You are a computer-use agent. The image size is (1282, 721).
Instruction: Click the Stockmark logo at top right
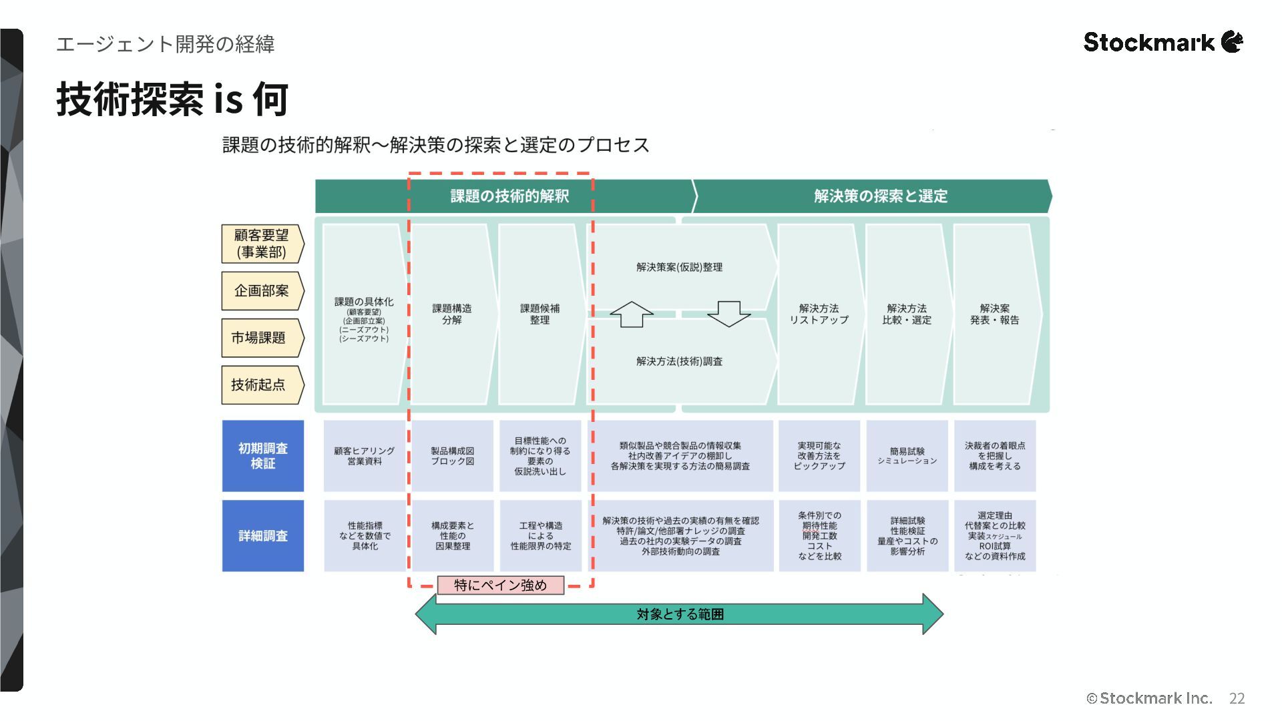(x=1162, y=42)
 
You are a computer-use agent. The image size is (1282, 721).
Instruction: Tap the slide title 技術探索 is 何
(x=172, y=99)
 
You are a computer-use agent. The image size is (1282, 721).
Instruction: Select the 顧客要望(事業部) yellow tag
(x=262, y=244)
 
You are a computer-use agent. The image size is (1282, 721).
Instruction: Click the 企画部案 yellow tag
(x=262, y=291)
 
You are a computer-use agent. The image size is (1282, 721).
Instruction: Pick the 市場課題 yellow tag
(x=260, y=338)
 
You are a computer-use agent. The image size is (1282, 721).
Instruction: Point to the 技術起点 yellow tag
(x=260, y=385)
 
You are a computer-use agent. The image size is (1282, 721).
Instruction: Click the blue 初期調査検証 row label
(x=262, y=456)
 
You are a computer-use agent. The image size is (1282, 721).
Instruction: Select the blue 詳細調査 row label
(x=262, y=535)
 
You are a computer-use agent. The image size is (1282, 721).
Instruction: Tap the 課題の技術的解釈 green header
(x=509, y=196)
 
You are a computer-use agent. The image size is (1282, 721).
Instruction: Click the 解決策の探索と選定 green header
(x=880, y=196)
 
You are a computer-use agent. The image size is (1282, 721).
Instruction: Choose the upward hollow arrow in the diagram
(x=631, y=314)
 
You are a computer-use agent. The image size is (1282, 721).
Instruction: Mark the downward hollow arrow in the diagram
(x=728, y=314)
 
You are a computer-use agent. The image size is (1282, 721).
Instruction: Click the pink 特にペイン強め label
(x=500, y=585)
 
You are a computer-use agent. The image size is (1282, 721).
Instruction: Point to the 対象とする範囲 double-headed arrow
(x=679, y=614)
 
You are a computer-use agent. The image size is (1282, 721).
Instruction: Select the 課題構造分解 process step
(x=452, y=314)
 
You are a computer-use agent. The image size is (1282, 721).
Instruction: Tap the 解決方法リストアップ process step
(x=819, y=314)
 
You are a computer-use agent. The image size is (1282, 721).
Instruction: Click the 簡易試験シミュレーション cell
(x=907, y=456)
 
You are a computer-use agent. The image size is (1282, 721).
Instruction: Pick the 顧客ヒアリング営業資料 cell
(x=365, y=456)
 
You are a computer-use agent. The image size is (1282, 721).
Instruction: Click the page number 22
(x=1237, y=698)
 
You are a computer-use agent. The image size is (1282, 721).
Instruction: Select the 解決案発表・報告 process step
(x=995, y=314)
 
